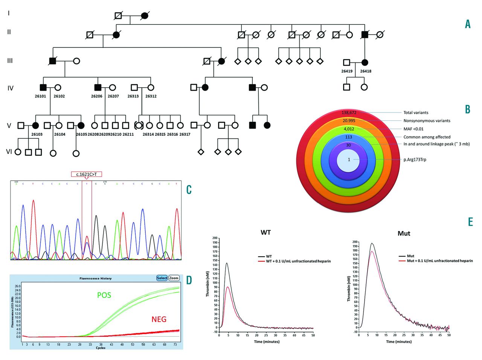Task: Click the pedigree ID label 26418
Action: pyautogui.click(x=365, y=71)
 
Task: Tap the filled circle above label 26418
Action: pyautogui.click(x=365, y=62)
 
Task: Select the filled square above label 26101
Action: pyautogui.click(x=43, y=88)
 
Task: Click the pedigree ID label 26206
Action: pyautogui.click(x=97, y=96)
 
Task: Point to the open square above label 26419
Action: pyautogui.click(x=347, y=62)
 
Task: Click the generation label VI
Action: pyautogui.click(x=9, y=152)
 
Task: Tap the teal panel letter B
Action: pyautogui.click(x=468, y=109)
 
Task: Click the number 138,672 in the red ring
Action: pyautogui.click(x=349, y=112)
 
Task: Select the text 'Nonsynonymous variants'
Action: pyautogui.click(x=427, y=121)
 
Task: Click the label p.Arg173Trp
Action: pyautogui.click(x=415, y=159)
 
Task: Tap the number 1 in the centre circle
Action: pyautogui.click(x=349, y=159)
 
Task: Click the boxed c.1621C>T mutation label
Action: pyautogui.click(x=87, y=174)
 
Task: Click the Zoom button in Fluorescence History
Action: pyautogui.click(x=174, y=278)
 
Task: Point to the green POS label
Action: pyautogui.click(x=104, y=295)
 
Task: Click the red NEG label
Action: pyautogui.click(x=159, y=319)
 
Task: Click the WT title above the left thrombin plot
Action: pyautogui.click(x=265, y=232)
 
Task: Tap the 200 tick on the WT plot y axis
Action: pyautogui.click(x=215, y=238)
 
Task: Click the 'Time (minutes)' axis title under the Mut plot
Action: pyautogui.click(x=399, y=342)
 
